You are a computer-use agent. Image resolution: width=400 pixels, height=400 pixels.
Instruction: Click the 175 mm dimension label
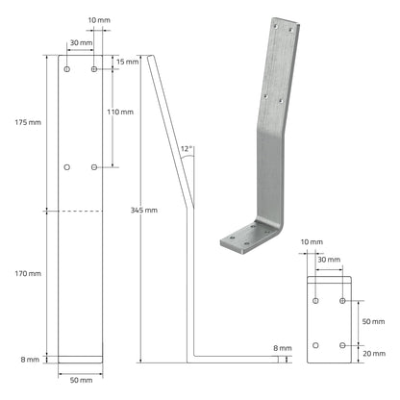pos(28,122)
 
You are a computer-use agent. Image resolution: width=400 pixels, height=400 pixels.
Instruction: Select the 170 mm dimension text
pos(28,273)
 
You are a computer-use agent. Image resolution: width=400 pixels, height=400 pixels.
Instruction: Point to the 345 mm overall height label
pos(144,211)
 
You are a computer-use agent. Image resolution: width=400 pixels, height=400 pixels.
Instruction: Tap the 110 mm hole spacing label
pos(120,112)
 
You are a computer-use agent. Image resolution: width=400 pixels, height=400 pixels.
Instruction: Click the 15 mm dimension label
pos(128,62)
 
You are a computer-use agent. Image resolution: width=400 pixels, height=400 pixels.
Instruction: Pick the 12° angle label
pos(187,149)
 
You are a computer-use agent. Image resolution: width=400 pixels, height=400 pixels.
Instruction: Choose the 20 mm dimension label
pos(374,354)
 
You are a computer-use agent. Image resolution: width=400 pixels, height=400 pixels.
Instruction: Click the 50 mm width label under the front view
pos(81,380)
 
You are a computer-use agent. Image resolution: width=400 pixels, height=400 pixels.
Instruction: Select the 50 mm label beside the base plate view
pos(373,321)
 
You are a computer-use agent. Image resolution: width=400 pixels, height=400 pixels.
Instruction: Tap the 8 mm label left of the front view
pos(30,360)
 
